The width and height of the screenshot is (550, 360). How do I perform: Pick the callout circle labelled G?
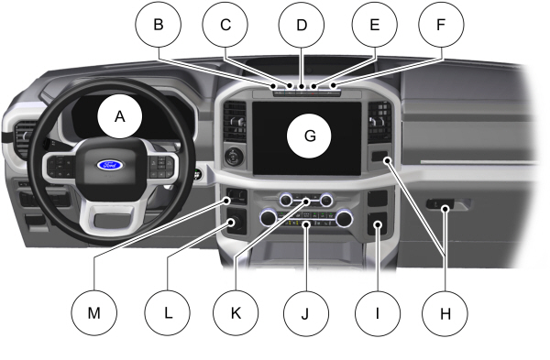point(309,136)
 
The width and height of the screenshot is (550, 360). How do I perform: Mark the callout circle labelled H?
point(445,311)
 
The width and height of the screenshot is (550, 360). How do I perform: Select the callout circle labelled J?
point(303,311)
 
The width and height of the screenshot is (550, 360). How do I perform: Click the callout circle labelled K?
point(234,311)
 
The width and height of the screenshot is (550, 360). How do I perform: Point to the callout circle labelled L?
point(168,311)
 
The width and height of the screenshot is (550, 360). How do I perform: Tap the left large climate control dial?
point(268,218)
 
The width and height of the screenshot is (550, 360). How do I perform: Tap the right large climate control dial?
point(344,218)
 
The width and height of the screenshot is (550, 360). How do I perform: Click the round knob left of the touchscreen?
point(234,156)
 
